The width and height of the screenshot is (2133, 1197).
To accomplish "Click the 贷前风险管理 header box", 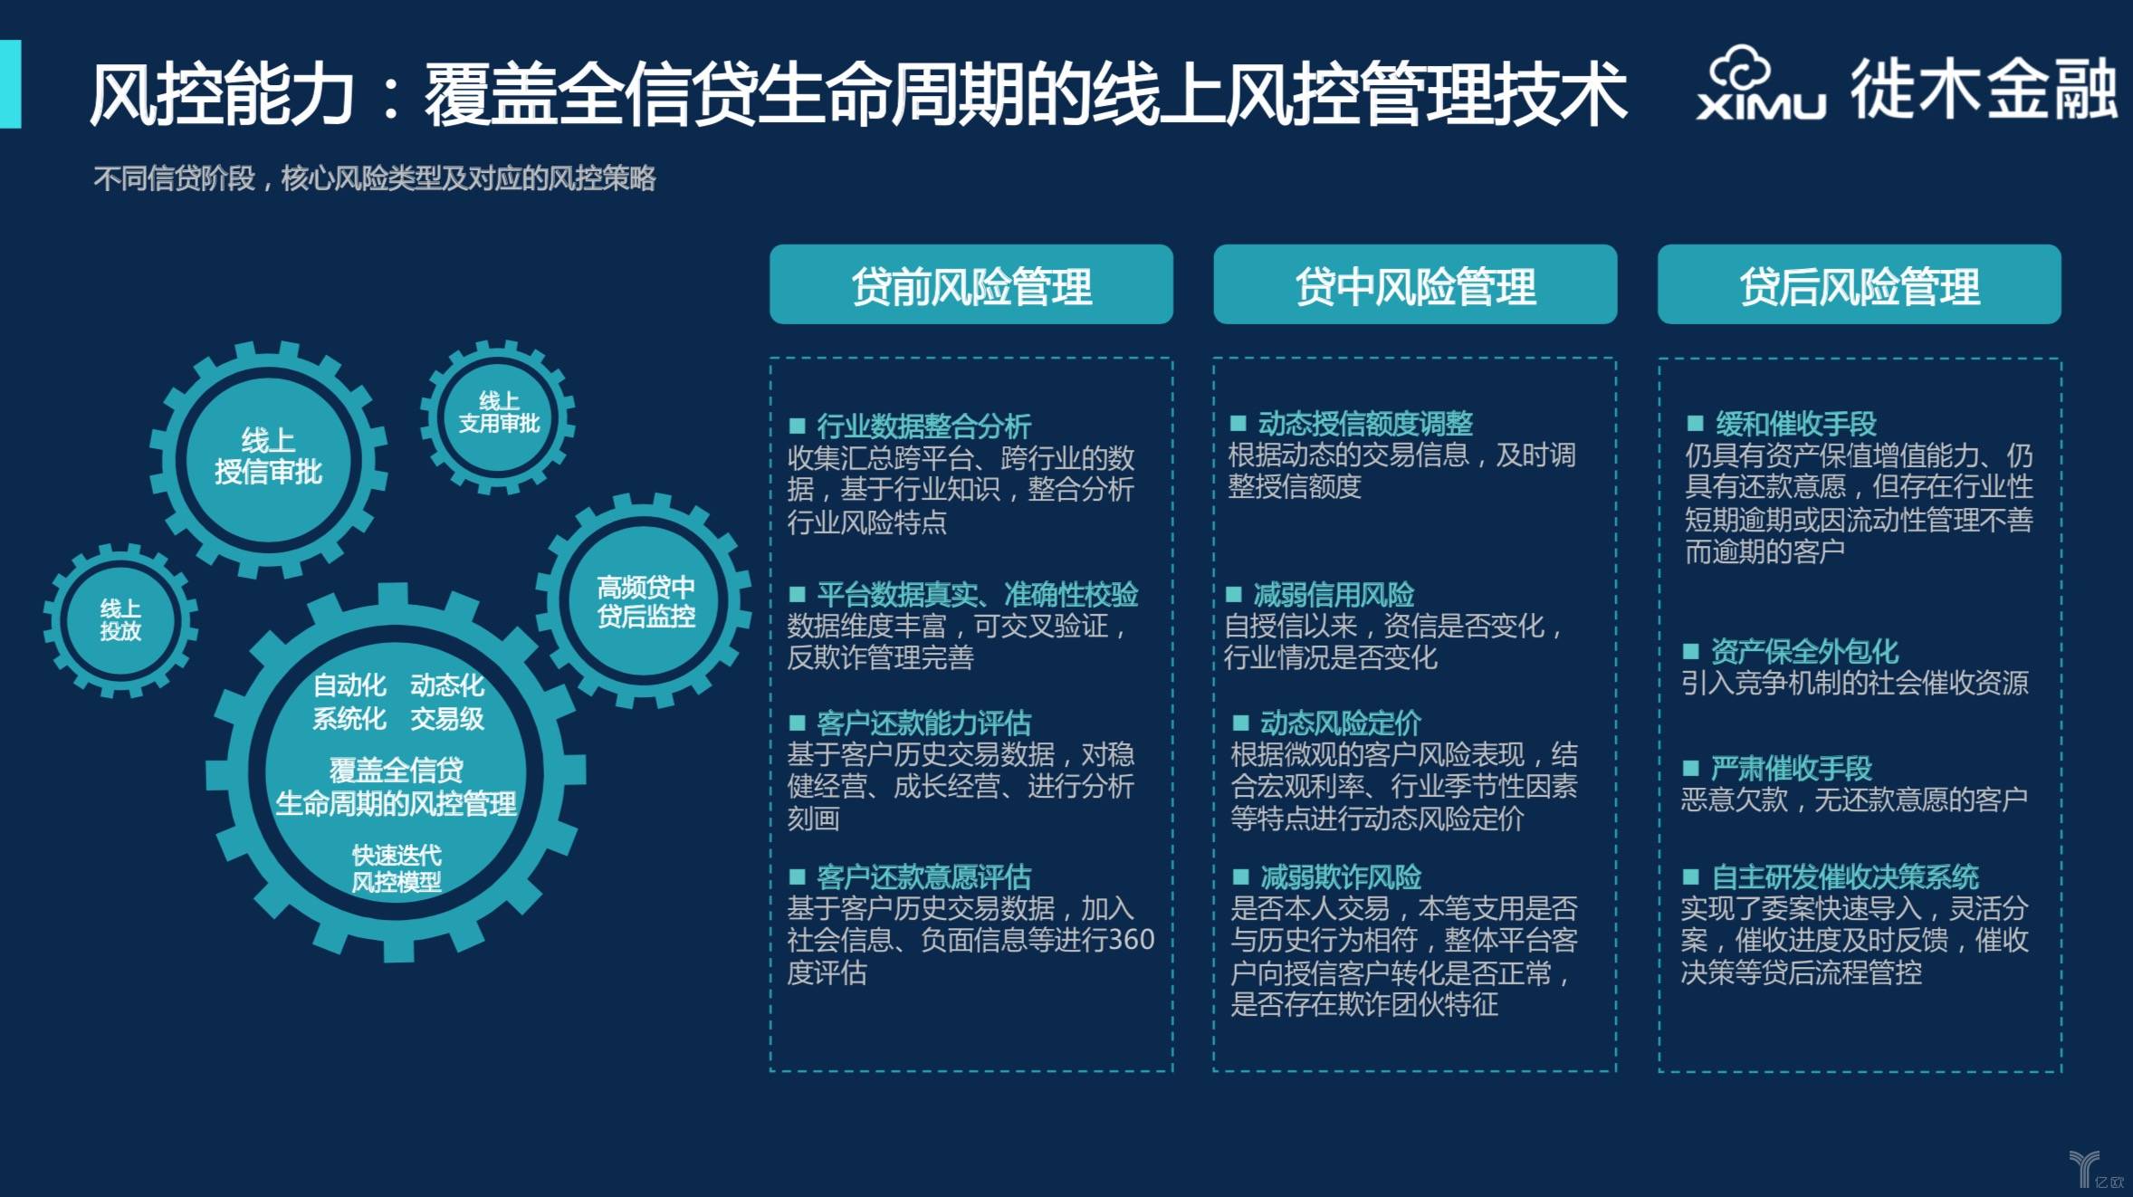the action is click(971, 284).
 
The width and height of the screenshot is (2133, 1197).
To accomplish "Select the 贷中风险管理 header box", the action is click(1415, 284).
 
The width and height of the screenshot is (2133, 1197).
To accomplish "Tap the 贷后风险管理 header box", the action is click(1859, 284).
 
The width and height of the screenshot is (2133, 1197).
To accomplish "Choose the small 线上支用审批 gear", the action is click(498, 417).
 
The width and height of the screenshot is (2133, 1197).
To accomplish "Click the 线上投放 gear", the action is click(120, 620).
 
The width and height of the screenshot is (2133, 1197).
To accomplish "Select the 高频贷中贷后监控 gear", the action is click(646, 601).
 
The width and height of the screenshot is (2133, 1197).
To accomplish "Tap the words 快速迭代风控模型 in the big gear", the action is click(397, 868).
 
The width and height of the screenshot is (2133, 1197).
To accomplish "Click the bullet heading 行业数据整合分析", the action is click(923, 425).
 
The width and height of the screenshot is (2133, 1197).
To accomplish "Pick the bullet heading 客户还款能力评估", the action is click(923, 723).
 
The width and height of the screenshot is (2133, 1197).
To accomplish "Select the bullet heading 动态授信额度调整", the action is click(1365, 423).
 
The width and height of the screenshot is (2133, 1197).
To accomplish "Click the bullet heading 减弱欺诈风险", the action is click(1341, 876).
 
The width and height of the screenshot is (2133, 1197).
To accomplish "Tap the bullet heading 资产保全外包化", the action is click(1804, 651).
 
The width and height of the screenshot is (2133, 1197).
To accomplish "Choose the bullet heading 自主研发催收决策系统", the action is click(1845, 876).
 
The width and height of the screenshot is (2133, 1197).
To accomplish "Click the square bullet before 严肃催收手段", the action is click(1690, 769).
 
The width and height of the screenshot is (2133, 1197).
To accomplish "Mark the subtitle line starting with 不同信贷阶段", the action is click(375, 178).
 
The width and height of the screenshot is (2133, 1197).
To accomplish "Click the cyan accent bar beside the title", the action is click(10, 84).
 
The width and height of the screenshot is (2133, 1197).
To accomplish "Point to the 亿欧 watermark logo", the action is click(2096, 1169).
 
